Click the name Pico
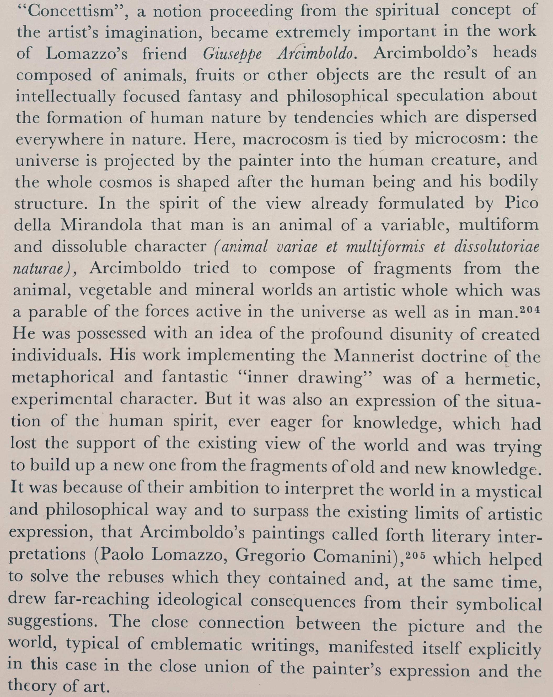521,203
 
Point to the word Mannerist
374,356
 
